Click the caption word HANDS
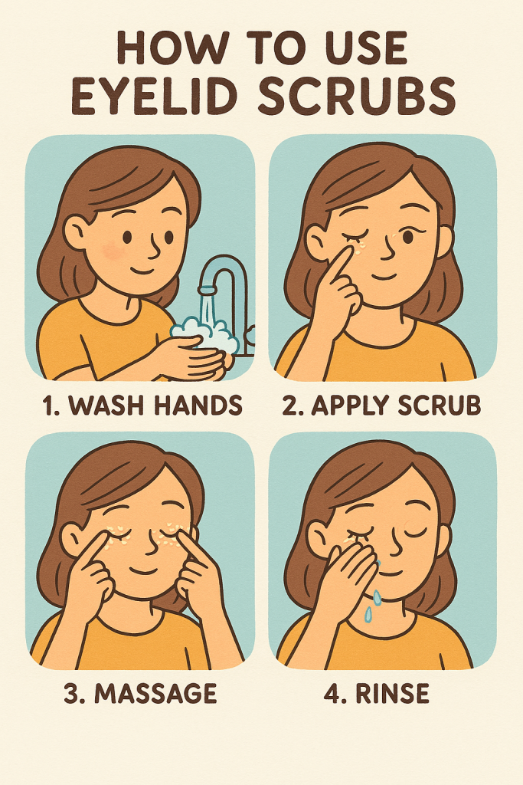point(198,405)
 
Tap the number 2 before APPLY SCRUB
point(290,405)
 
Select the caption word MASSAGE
point(155,693)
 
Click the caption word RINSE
point(393,693)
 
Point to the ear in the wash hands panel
point(75,233)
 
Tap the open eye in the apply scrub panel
point(408,236)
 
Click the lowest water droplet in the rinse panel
point(368,616)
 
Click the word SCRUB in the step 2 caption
point(439,405)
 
